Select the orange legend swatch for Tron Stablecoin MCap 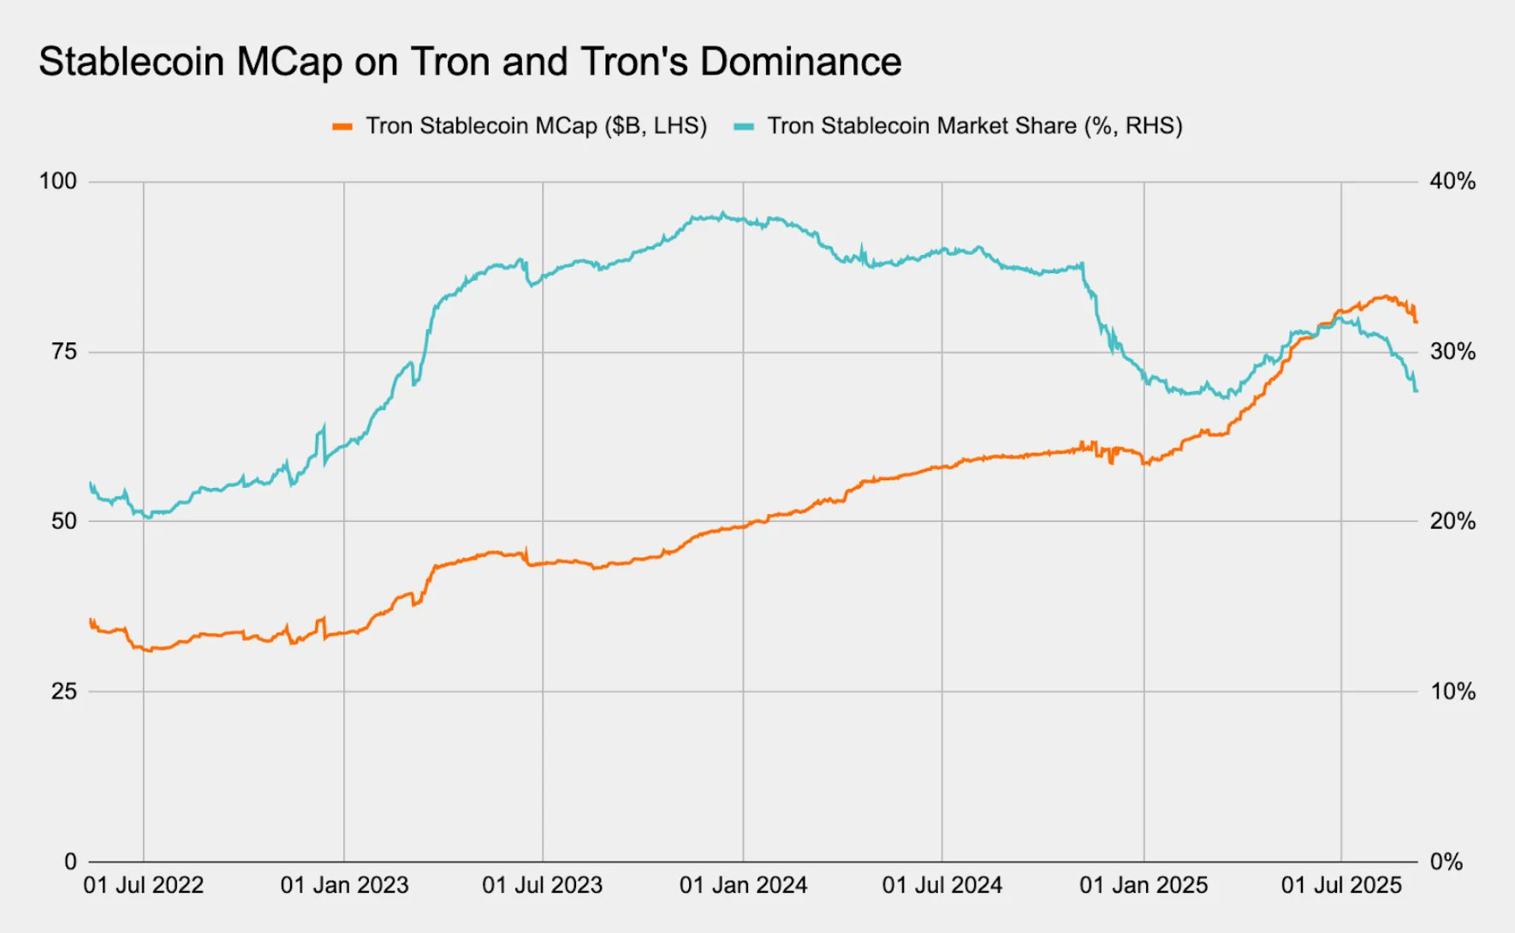[342, 127]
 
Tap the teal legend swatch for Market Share [744, 127]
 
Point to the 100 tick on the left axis [57, 181]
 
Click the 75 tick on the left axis [63, 352]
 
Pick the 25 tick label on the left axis [63, 692]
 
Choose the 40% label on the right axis [1453, 181]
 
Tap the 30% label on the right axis [1453, 352]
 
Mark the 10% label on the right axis [1453, 692]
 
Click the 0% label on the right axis [1446, 862]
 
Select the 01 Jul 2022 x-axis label [143, 886]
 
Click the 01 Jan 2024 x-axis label [743, 886]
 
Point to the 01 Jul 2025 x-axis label [1340, 886]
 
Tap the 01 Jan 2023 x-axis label [344, 886]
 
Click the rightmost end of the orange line [1417, 322]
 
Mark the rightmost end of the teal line [1417, 391]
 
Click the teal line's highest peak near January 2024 [723, 213]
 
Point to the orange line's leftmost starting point [90, 620]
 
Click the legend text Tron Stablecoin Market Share [922, 127]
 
